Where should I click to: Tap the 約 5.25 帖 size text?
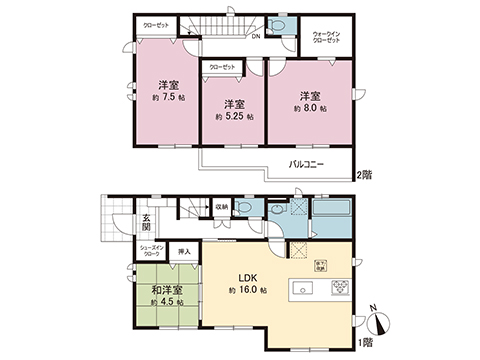[234, 117]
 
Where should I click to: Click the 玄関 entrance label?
[145, 225]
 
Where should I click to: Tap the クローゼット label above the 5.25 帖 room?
[222, 67]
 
